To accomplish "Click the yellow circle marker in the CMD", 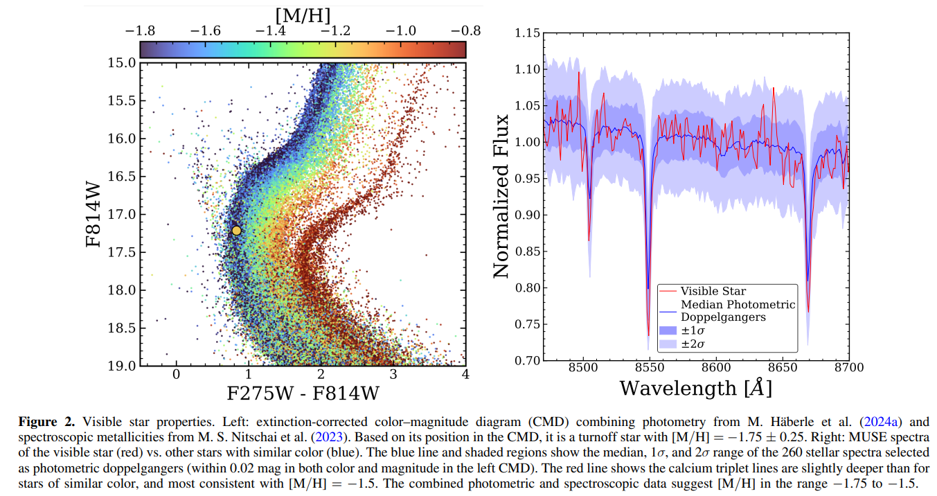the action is click(236, 231).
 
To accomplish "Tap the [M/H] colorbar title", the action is click(303, 17).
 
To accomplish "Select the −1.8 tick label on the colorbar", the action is click(140, 31).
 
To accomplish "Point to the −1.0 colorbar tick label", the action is click(401, 31).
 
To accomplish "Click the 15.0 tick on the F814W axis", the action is click(122, 63).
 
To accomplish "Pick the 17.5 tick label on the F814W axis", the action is click(122, 252).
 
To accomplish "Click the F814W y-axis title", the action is click(93, 214).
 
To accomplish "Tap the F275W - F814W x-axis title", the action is click(303, 393).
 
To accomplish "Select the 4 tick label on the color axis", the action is click(465, 374).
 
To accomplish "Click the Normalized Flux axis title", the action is click(501, 196).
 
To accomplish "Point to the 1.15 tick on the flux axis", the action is click(528, 33).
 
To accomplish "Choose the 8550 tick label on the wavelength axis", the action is click(650, 368).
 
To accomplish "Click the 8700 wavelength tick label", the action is click(849, 368).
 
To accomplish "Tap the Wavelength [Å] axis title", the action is click(695, 388).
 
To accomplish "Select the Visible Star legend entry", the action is click(713, 291).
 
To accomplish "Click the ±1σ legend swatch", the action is click(668, 330).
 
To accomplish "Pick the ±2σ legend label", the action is click(693, 344).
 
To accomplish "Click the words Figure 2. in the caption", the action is click(46, 422).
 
